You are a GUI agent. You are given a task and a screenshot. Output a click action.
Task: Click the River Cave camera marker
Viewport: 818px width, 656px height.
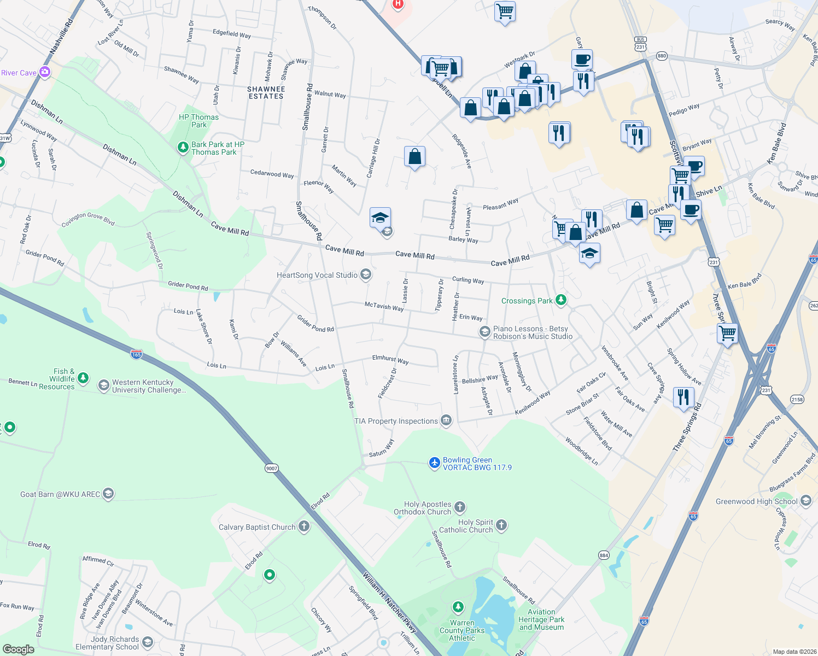point(45,72)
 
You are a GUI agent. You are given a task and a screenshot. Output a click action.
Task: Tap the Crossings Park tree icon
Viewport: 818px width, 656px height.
point(560,300)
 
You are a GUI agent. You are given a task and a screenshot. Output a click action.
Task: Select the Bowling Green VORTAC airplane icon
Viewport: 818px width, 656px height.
point(434,463)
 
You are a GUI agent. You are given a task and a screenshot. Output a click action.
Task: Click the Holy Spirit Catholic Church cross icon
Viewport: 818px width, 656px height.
point(501,525)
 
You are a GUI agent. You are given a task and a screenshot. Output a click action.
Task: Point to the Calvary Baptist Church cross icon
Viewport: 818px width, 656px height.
point(304,526)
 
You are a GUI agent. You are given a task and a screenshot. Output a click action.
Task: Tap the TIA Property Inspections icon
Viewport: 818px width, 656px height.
point(446,420)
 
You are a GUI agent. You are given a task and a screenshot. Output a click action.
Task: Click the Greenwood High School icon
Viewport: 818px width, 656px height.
point(805,501)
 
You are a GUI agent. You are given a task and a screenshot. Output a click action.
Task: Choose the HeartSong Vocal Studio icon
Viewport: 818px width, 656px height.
point(366,274)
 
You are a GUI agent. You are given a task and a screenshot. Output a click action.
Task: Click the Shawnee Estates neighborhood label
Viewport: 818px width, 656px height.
point(266,92)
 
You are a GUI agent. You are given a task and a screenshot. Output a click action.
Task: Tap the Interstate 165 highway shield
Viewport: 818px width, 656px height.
point(137,354)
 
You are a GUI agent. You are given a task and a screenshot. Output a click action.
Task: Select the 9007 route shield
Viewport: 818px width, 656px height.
point(272,468)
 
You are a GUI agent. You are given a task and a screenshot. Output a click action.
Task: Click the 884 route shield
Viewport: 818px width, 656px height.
point(604,555)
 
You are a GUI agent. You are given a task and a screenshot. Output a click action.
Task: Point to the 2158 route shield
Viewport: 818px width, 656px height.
point(797,399)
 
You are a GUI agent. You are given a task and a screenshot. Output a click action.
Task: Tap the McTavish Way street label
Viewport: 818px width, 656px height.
point(384,307)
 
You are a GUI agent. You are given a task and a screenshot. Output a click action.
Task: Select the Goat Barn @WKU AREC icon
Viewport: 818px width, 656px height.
point(108,494)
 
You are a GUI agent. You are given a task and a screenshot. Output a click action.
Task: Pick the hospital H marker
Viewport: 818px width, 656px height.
point(398,4)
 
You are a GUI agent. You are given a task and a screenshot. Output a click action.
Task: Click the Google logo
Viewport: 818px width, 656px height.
point(18,649)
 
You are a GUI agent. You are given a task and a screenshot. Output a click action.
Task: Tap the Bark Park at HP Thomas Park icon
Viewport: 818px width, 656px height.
point(183,148)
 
